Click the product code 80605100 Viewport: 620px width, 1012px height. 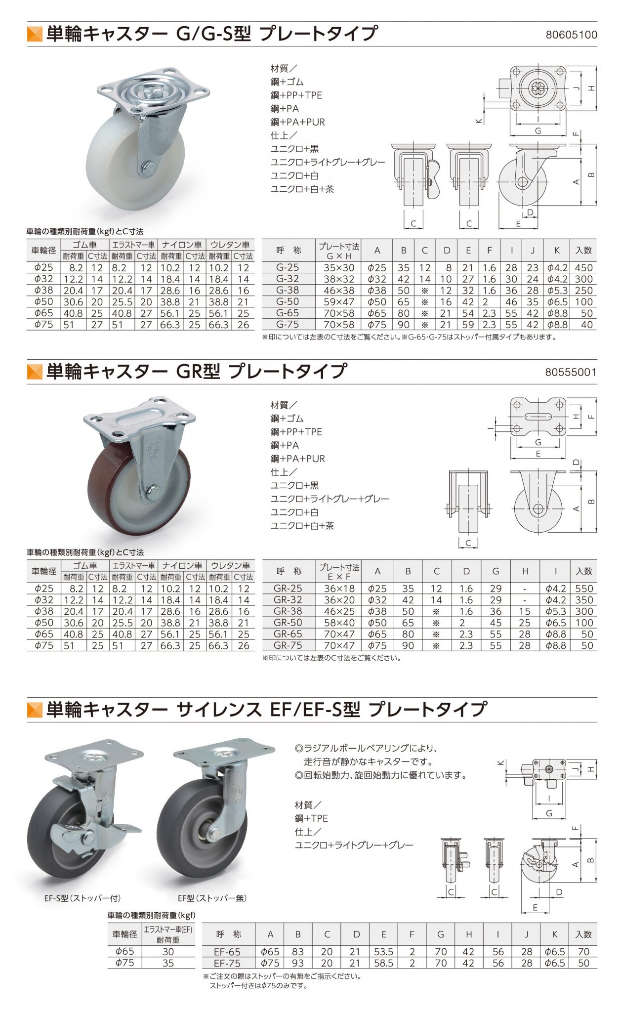pos(571,35)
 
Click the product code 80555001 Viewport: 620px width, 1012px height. pos(571,372)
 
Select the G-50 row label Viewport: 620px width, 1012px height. pos(288,301)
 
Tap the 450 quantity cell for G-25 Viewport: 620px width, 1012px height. pos(583,267)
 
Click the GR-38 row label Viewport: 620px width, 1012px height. pos(288,611)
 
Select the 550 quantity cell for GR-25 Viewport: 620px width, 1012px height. pos(584,589)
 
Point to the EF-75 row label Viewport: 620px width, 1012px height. pos(228,963)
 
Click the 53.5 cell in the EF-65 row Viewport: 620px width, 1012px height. pos(383,951)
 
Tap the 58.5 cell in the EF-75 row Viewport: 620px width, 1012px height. pos(383,963)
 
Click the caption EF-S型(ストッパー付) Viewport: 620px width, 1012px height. pos(83,898)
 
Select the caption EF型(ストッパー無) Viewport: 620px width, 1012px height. pos(212,898)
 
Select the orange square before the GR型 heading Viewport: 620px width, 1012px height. pos(35,372)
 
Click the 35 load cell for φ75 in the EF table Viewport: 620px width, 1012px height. pos(168,963)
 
